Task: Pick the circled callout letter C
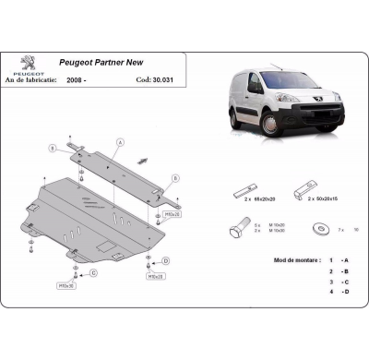point(91,274)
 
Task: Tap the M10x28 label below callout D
point(155,275)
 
